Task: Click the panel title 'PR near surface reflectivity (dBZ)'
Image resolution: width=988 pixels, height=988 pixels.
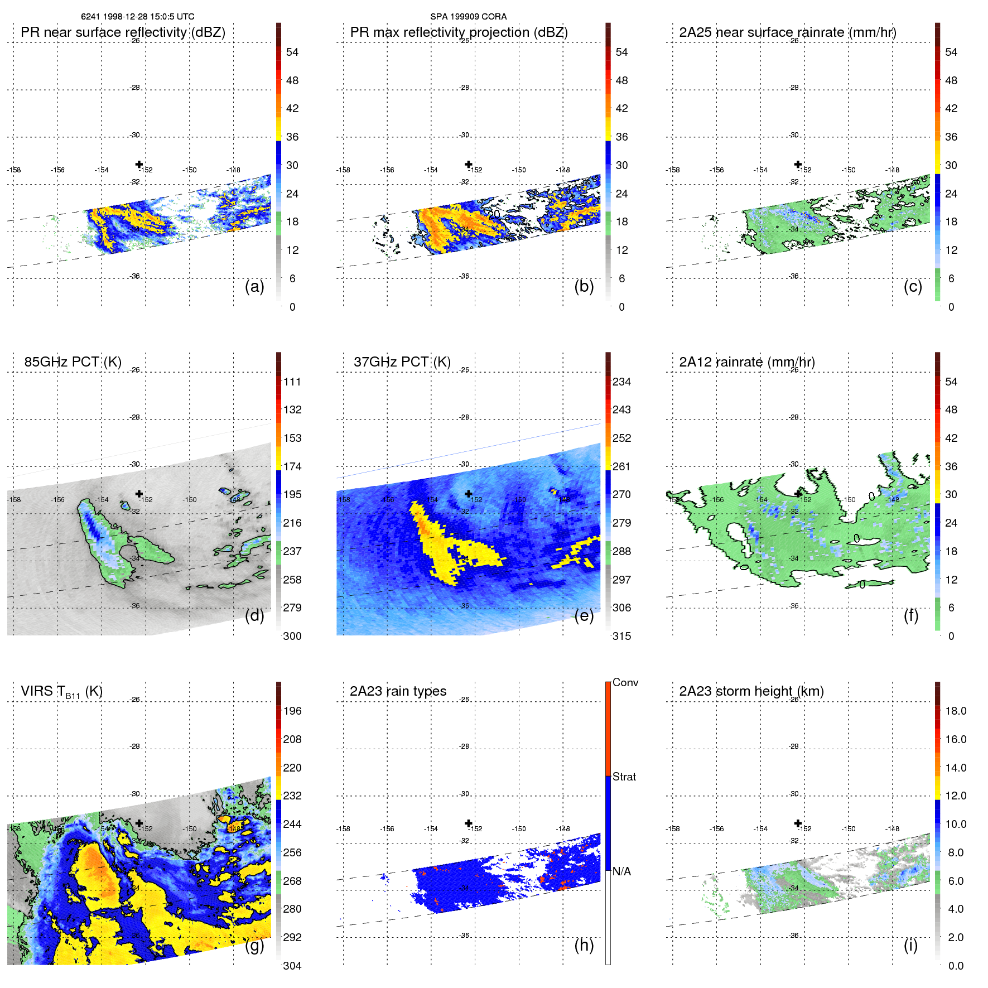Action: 123,32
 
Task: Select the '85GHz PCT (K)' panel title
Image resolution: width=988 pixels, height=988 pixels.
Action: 73,362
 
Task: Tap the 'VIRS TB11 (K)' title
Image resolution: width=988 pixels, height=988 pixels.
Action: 61,692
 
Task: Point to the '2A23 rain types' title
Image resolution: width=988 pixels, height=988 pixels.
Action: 398,691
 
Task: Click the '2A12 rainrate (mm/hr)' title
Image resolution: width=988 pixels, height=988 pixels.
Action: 746,362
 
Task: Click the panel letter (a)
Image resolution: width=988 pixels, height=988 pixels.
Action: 254,287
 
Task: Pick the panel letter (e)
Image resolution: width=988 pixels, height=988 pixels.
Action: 584,616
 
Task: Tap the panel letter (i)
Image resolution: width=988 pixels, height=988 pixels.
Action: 910,945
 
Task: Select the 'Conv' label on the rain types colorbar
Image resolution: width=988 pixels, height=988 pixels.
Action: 625,682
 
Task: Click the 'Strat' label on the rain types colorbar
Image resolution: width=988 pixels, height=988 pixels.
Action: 624,777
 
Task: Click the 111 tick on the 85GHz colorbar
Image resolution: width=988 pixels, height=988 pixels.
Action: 292,382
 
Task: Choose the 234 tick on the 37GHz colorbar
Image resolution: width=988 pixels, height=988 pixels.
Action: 621,382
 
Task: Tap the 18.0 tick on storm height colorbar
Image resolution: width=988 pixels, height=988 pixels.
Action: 955,711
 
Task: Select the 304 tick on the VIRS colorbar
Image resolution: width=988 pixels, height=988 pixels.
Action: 292,966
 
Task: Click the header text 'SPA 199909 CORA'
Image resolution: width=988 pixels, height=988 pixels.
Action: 468,17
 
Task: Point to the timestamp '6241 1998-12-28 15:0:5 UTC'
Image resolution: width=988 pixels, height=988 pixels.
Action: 137,17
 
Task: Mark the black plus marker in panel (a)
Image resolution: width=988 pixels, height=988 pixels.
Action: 139,164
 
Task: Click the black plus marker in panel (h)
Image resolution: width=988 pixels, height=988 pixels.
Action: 469,823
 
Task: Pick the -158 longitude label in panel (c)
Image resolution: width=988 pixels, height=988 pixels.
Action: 673,170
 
